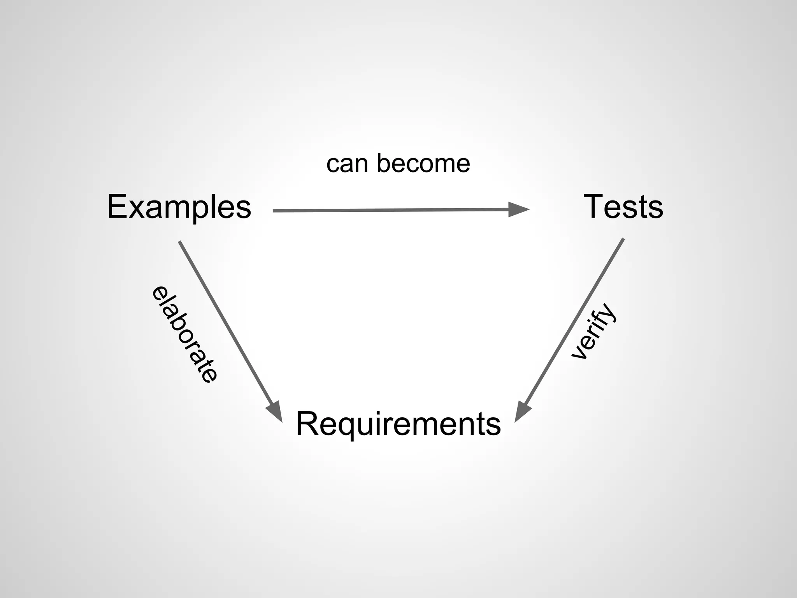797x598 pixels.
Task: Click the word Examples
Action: tap(179, 207)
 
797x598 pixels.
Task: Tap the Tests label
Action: tap(623, 207)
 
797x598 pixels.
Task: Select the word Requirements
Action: tap(398, 424)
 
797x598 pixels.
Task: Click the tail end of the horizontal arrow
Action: tap(274, 211)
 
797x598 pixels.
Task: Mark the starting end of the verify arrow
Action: tap(623, 239)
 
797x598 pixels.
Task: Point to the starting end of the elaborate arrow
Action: tap(179, 242)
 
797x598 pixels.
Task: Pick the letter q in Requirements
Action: tap(342, 427)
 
